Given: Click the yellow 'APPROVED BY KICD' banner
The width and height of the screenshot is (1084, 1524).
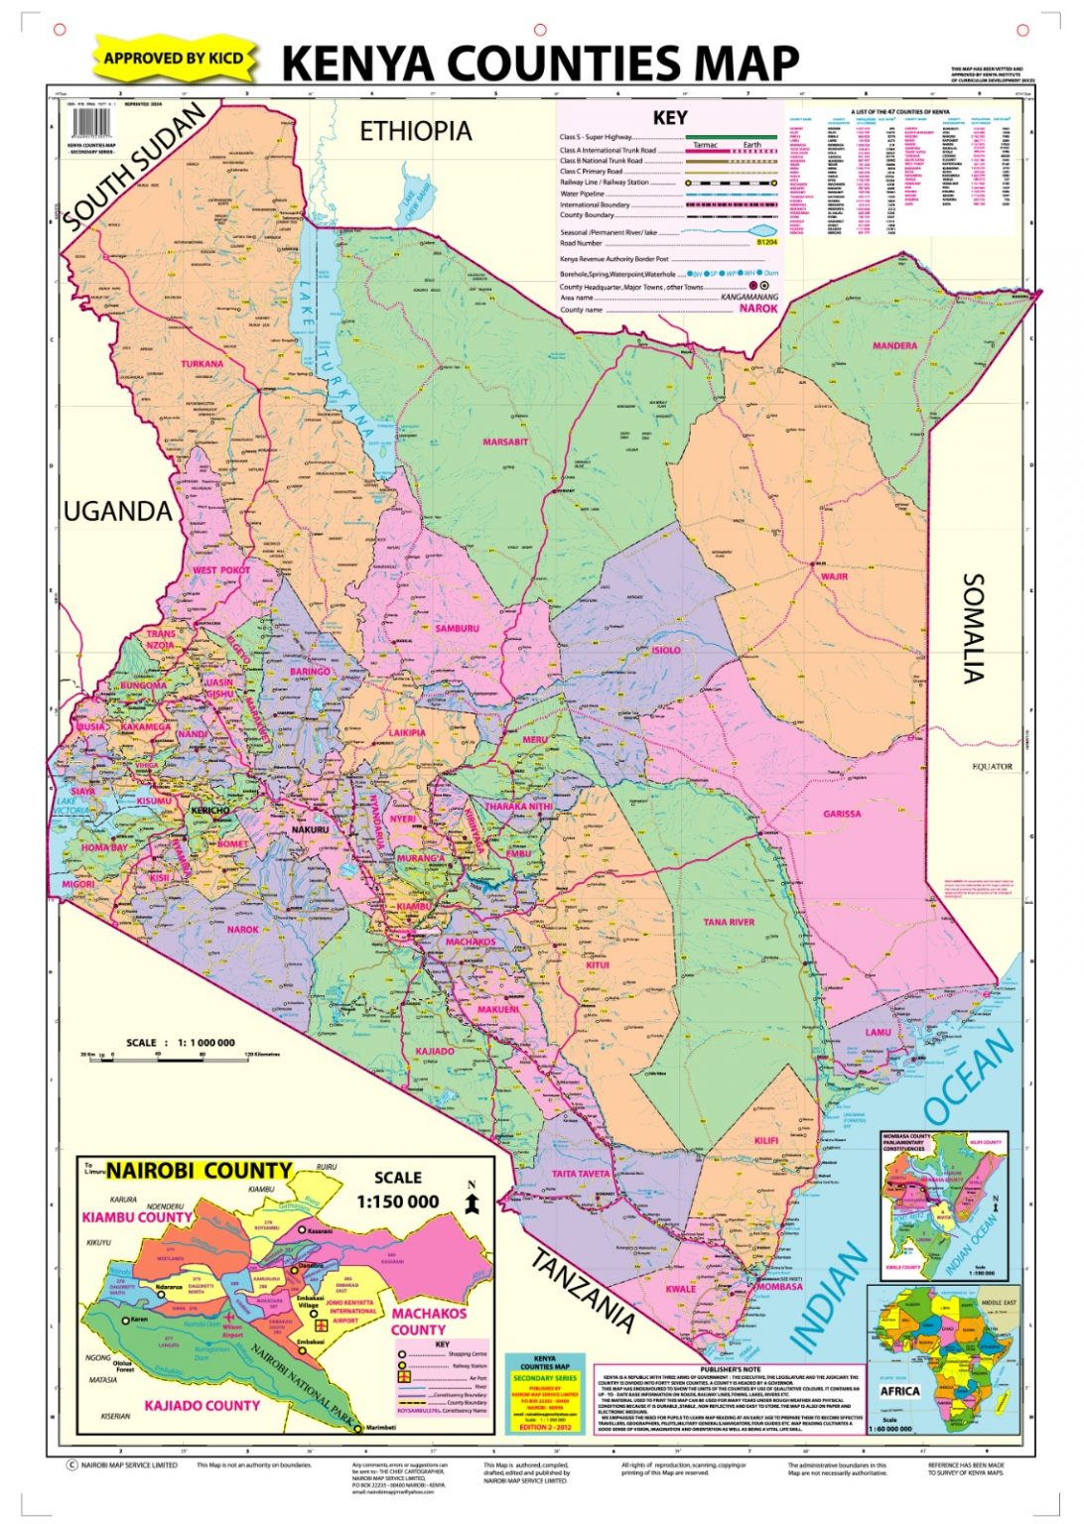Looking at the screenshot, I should pos(174,59).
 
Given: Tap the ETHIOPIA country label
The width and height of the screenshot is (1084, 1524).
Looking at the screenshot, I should pos(415,131).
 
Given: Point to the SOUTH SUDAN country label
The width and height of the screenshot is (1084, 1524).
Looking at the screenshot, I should pos(135,168).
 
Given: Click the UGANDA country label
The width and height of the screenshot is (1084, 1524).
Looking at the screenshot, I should pos(117,511).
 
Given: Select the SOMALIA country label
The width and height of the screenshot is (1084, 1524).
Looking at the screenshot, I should pos(974,628).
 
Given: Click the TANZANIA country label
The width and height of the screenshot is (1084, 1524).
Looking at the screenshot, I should pos(583,1289).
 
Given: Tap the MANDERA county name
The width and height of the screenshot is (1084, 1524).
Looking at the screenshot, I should pos(894,346).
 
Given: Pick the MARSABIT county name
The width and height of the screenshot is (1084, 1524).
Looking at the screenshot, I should pos(505,442).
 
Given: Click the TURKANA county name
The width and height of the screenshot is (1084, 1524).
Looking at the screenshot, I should pos(202,364).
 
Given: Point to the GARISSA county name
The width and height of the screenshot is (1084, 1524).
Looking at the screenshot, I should pos(842,814).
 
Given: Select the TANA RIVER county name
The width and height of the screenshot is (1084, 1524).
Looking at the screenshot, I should pos(729,923).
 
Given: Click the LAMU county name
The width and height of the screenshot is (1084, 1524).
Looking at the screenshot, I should pos(878,1032).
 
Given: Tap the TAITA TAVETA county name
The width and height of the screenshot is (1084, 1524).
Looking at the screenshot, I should pos(581,1174).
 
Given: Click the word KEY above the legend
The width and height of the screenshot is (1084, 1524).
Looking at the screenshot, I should pos(670,118).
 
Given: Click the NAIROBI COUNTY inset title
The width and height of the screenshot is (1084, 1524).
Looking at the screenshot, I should pos(199,1171).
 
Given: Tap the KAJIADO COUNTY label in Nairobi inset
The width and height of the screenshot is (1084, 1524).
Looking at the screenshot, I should pos(202,1405).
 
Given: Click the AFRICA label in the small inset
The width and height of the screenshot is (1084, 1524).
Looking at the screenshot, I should pos(900,1391).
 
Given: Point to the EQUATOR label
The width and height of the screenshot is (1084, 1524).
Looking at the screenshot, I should pos(992,766).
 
